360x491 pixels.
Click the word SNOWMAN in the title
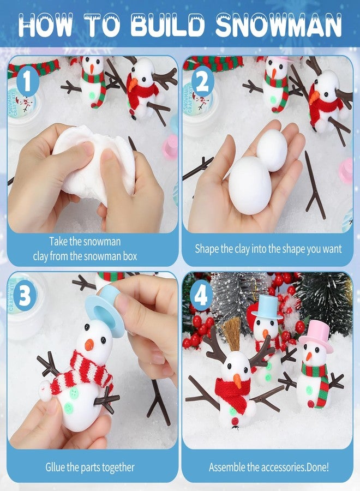click(x=279, y=25)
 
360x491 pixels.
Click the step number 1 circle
click(x=27, y=82)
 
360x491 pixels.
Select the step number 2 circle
click(x=202, y=82)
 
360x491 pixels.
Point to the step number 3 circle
click(x=25, y=296)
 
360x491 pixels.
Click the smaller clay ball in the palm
click(x=272, y=150)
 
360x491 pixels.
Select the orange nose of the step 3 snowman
click(x=89, y=344)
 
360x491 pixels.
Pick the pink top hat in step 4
click(x=316, y=336)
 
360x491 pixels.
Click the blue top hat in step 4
click(x=267, y=307)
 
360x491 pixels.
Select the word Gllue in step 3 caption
click(x=55, y=468)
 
